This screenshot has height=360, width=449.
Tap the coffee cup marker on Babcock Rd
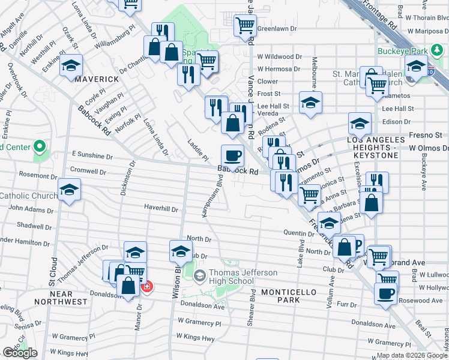[x=232, y=156]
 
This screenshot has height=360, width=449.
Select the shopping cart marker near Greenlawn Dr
[x=245, y=26]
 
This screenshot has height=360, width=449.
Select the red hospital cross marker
[x=146, y=287]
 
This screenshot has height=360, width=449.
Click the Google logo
[x=20, y=353]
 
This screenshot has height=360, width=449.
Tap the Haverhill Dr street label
[x=161, y=209]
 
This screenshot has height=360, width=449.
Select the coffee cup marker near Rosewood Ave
[x=385, y=294]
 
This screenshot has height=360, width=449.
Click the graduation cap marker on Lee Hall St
[x=310, y=103]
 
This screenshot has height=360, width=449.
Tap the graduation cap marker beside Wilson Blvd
[x=180, y=252]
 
